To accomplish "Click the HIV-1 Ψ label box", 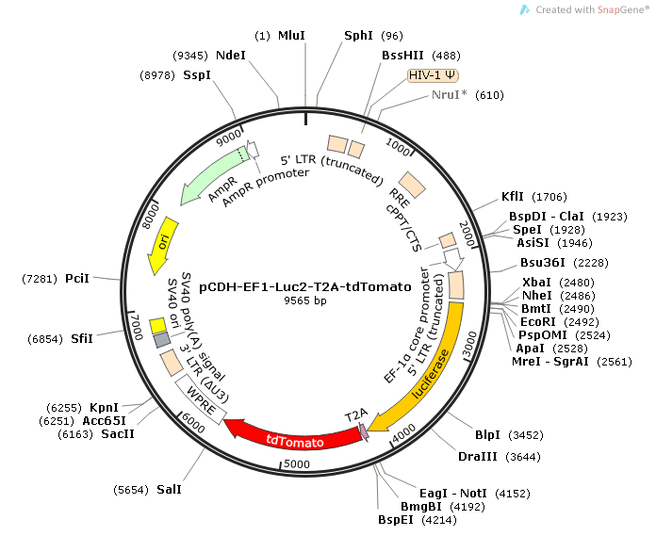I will coord(432,75).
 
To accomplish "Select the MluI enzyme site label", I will coord(291,35).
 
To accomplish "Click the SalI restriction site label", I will coord(169,490).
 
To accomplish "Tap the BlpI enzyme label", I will coord(487,435).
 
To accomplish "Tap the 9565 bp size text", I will coord(305,301).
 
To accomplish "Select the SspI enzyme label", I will coord(197,74).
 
